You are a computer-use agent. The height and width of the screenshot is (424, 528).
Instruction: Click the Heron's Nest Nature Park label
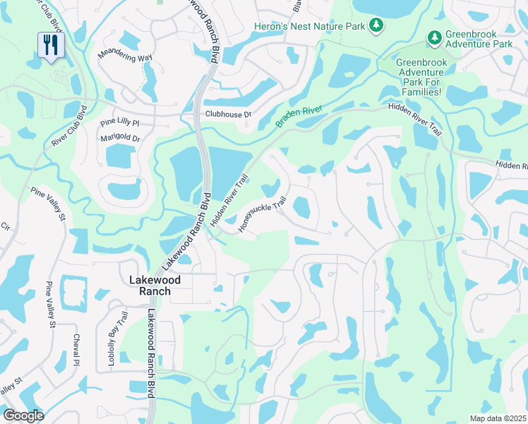309,27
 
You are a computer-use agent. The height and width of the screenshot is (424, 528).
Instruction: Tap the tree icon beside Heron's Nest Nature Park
378,26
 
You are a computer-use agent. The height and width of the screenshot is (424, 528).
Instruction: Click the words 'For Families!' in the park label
419,92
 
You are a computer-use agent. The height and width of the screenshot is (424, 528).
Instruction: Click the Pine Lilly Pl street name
120,122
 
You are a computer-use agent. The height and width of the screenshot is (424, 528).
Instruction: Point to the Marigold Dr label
120,139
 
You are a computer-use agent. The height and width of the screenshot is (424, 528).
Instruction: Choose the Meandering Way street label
125,57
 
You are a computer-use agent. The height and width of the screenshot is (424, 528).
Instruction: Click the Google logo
23,416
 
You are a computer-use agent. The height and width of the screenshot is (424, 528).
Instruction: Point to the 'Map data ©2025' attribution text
498,418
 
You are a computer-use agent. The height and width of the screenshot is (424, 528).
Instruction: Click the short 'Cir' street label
5,227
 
